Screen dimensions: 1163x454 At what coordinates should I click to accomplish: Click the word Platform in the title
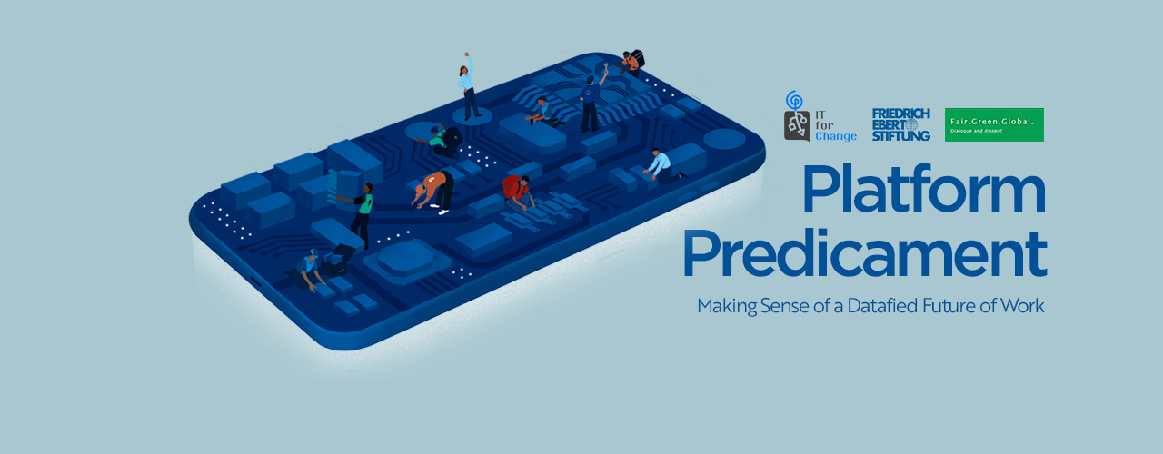click(924, 189)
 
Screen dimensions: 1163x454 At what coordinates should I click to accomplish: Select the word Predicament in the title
click(865, 253)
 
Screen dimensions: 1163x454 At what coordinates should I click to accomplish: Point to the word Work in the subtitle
click(1022, 306)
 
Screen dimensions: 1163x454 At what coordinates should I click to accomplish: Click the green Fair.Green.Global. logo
click(994, 124)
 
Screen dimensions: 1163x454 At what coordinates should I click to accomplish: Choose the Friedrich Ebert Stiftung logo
click(900, 124)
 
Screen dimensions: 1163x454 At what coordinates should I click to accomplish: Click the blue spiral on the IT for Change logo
click(794, 100)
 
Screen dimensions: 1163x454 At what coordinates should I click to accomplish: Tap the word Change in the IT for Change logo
click(835, 136)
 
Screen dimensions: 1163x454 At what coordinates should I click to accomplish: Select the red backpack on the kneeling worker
click(512, 187)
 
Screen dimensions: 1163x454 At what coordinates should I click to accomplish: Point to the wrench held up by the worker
click(605, 67)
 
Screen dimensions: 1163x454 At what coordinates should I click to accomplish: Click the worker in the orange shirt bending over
click(434, 191)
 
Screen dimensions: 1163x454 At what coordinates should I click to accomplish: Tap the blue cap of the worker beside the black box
click(313, 252)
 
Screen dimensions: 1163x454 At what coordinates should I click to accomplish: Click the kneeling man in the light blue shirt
click(662, 166)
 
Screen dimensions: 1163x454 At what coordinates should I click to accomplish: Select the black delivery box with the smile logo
click(338, 261)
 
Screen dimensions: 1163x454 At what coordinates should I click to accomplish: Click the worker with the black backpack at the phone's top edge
click(631, 63)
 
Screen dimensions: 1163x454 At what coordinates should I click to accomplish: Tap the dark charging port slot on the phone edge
click(255, 281)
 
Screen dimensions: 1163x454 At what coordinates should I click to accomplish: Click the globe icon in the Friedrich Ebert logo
click(911, 124)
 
